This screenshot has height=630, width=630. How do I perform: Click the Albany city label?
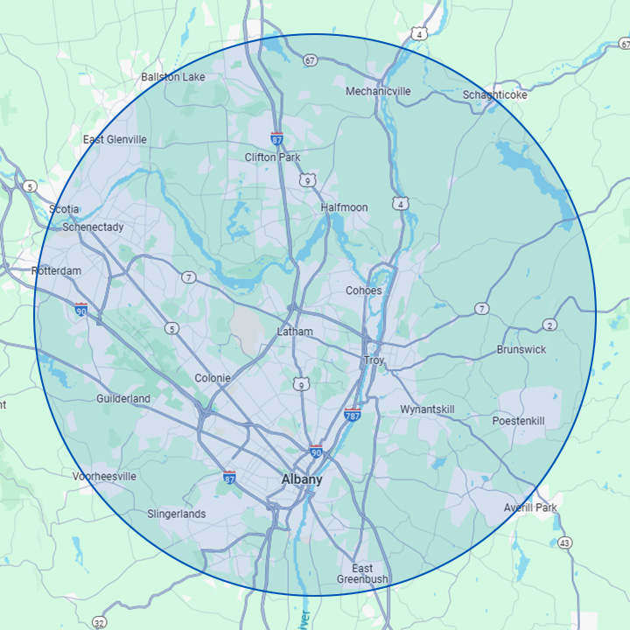click(x=302, y=479)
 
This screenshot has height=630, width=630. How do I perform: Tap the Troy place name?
click(x=374, y=360)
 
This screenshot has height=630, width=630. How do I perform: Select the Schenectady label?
click(x=93, y=227)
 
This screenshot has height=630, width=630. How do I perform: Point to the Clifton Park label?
click(x=272, y=157)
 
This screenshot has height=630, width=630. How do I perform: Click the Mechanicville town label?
click(x=378, y=91)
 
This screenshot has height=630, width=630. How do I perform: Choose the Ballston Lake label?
click(x=173, y=77)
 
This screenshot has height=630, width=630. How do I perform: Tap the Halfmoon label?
click(x=344, y=207)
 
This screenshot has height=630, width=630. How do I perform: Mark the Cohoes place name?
click(x=363, y=290)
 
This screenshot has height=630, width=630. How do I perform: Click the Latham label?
click(x=294, y=332)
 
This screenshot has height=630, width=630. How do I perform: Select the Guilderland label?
click(x=123, y=399)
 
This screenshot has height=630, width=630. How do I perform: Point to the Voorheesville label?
click(x=105, y=477)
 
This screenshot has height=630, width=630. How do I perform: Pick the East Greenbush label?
click(x=362, y=574)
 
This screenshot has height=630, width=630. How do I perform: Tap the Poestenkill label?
click(x=518, y=421)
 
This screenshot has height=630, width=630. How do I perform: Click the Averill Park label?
click(x=530, y=507)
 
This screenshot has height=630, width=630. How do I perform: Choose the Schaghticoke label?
click(x=495, y=94)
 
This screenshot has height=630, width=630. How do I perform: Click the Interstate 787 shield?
click(x=353, y=414)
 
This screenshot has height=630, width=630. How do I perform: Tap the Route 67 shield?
click(x=310, y=60)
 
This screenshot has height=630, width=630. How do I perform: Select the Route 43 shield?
click(x=565, y=543)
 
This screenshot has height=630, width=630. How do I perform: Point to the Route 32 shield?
click(x=100, y=622)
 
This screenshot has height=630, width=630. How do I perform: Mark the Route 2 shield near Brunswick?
click(x=549, y=325)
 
